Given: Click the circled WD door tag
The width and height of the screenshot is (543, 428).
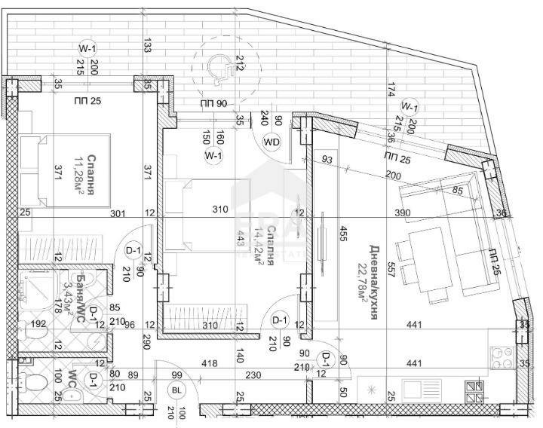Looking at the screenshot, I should [271, 141].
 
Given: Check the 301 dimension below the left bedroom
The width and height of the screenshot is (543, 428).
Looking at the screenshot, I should [119, 213].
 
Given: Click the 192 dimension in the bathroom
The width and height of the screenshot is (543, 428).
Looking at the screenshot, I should [39, 326].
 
